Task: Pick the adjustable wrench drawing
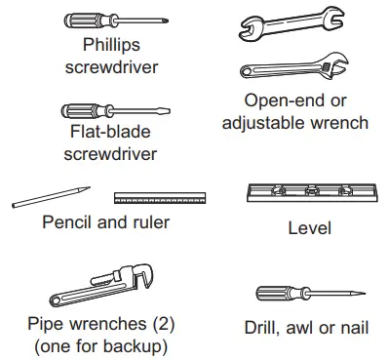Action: click(x=292, y=69)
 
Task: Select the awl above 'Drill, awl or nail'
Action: click(x=309, y=292)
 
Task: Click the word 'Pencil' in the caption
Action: click(x=68, y=222)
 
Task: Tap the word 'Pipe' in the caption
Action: click(x=46, y=324)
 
